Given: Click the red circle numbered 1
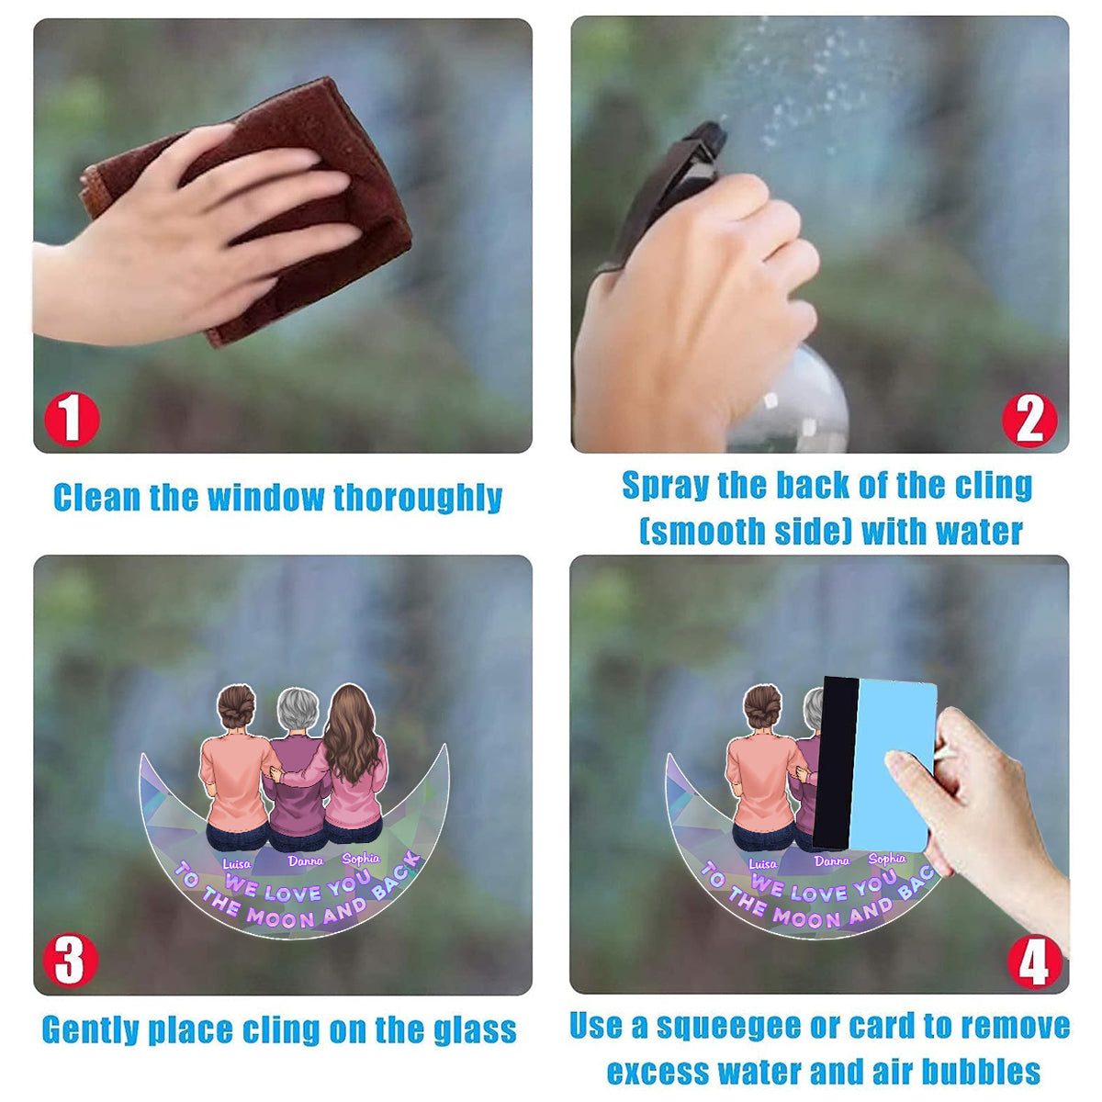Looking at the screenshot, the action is (x=72, y=419).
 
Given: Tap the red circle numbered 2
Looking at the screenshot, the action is (x=1029, y=420).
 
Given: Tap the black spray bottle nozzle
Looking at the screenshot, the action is (x=675, y=183).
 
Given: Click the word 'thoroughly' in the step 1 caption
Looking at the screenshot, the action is (x=418, y=498).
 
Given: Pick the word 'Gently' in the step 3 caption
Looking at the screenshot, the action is (x=92, y=1031).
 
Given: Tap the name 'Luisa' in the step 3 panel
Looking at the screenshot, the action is (x=236, y=864).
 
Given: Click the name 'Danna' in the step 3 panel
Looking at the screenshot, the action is (x=306, y=861).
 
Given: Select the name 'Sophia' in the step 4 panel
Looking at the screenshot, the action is (x=887, y=859).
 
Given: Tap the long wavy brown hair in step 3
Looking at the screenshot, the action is (x=350, y=735).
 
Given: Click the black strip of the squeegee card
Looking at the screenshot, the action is (x=835, y=763).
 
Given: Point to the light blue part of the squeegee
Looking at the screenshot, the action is (x=892, y=766).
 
